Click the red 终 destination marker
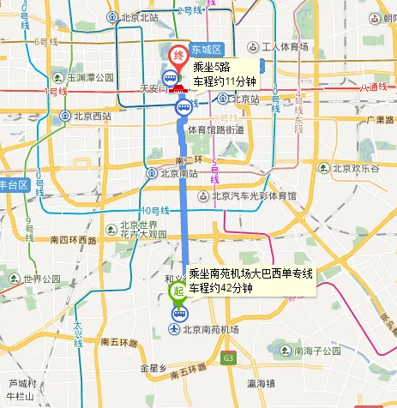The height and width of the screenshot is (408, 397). tap(178, 57)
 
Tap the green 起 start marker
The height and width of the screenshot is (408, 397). tap(177, 291)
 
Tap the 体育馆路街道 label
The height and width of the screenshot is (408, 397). tap(215, 129)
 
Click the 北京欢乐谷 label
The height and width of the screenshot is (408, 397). tap(351, 168)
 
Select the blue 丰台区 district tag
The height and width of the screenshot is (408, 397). tap(15, 185)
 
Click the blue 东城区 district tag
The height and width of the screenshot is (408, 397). tap(207, 48)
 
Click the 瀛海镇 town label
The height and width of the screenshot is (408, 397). tap(261, 383)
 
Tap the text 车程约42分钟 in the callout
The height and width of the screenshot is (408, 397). tap(220, 288)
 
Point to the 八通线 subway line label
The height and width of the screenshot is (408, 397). tap(375, 87)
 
